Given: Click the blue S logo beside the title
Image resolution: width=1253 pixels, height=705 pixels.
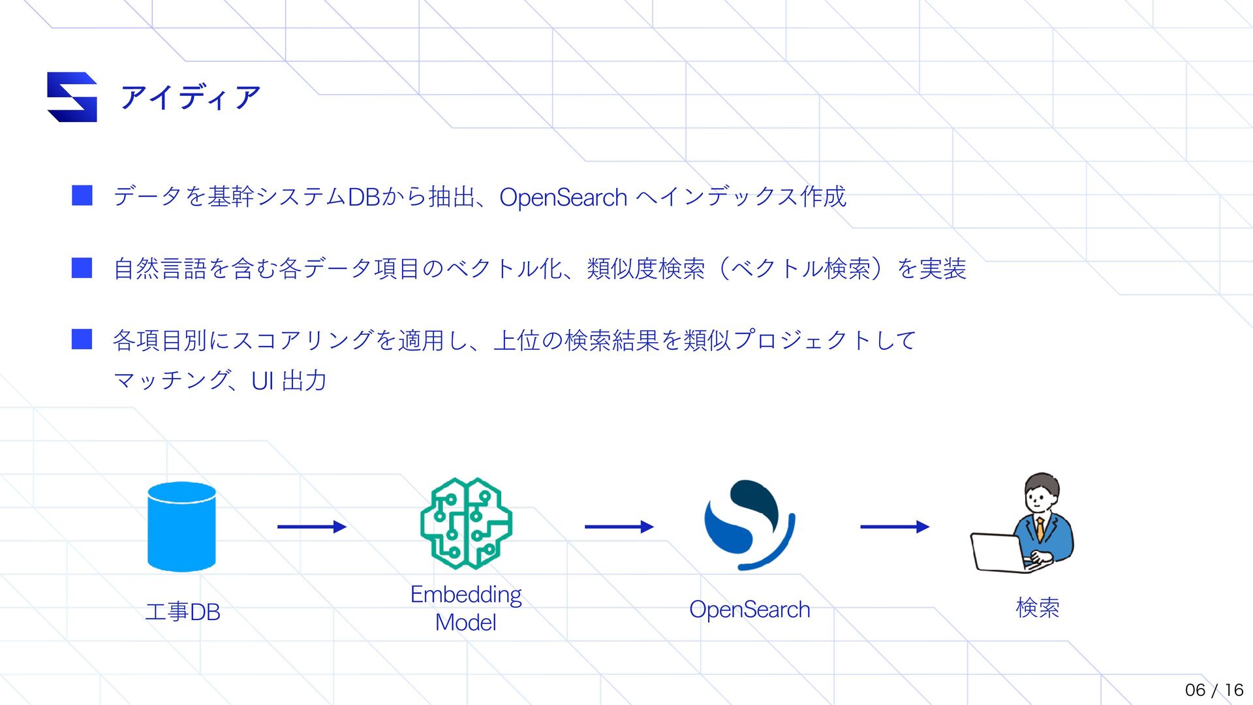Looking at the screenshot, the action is pyautogui.click(x=72, y=97).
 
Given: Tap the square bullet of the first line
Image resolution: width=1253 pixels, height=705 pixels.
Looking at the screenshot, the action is pyautogui.click(x=82, y=196).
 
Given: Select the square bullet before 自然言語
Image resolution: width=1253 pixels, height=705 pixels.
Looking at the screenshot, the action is pyautogui.click(x=82, y=268).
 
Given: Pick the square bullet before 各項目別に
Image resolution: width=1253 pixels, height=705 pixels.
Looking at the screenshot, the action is pyautogui.click(x=82, y=339).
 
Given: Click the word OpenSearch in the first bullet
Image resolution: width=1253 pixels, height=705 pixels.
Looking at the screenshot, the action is pyautogui.click(x=563, y=197).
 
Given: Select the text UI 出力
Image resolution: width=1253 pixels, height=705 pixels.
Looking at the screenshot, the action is pyautogui.click(x=288, y=381).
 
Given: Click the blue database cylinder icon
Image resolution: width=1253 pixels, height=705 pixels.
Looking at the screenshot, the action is pyautogui.click(x=181, y=526).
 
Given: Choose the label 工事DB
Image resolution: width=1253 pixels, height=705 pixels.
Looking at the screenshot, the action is pyautogui.click(x=183, y=612).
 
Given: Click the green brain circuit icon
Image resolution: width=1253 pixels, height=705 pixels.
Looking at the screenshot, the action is pyautogui.click(x=466, y=524).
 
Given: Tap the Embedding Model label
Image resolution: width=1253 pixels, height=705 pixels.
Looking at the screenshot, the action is pyautogui.click(x=466, y=608).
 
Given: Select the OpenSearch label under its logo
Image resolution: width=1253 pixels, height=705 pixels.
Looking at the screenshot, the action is pyautogui.click(x=749, y=610).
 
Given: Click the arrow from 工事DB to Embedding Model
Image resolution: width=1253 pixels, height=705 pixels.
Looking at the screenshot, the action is pyautogui.click(x=311, y=527).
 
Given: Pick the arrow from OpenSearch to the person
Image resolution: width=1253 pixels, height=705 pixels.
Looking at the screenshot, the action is pyautogui.click(x=894, y=527).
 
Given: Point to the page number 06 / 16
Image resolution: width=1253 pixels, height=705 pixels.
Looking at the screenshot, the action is pyautogui.click(x=1214, y=690).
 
